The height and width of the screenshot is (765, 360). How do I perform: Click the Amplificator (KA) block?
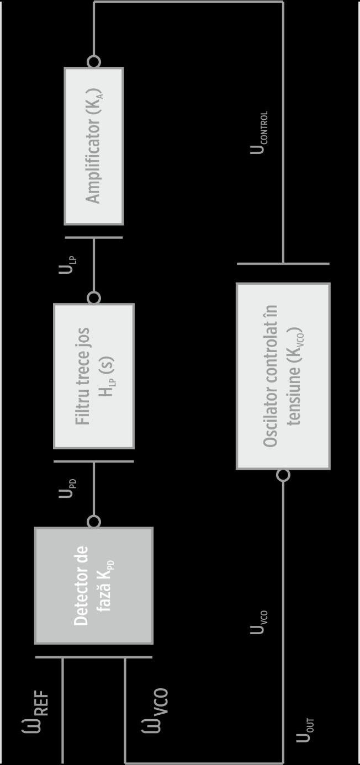tap(94, 146)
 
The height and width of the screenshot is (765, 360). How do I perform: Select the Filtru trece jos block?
tap(94, 376)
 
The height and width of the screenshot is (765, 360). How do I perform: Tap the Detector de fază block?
tap(94, 586)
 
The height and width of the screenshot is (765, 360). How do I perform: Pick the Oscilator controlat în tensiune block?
tap(283, 376)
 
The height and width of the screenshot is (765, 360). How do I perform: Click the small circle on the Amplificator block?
tap(94, 61)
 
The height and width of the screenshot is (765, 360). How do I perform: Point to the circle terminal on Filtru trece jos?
tap(94, 298)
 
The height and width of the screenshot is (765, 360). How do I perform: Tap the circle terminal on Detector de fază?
tap(94, 522)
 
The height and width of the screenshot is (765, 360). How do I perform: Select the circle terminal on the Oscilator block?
tap(283, 475)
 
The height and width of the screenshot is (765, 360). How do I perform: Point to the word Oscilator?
tap(271, 425)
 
